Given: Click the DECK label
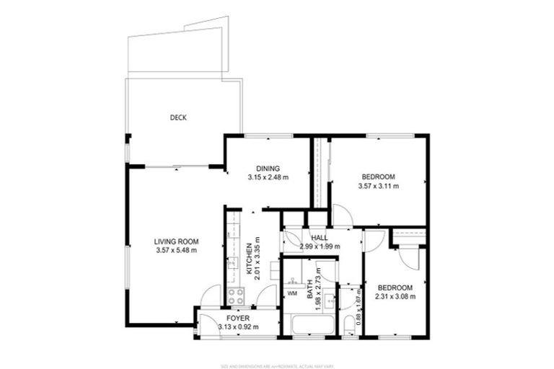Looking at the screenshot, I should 178,117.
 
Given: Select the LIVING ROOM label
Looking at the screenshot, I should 176,241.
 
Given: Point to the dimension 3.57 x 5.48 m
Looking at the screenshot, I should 176,250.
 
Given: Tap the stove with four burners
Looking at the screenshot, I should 236,295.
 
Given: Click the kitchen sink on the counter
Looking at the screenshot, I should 232,264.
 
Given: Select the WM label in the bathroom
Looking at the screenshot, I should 292,293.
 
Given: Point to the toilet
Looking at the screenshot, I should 349,325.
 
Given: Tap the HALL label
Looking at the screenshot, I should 320,238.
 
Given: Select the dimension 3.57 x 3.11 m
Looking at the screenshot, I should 378,186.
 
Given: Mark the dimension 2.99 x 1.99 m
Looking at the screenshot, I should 320,247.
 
